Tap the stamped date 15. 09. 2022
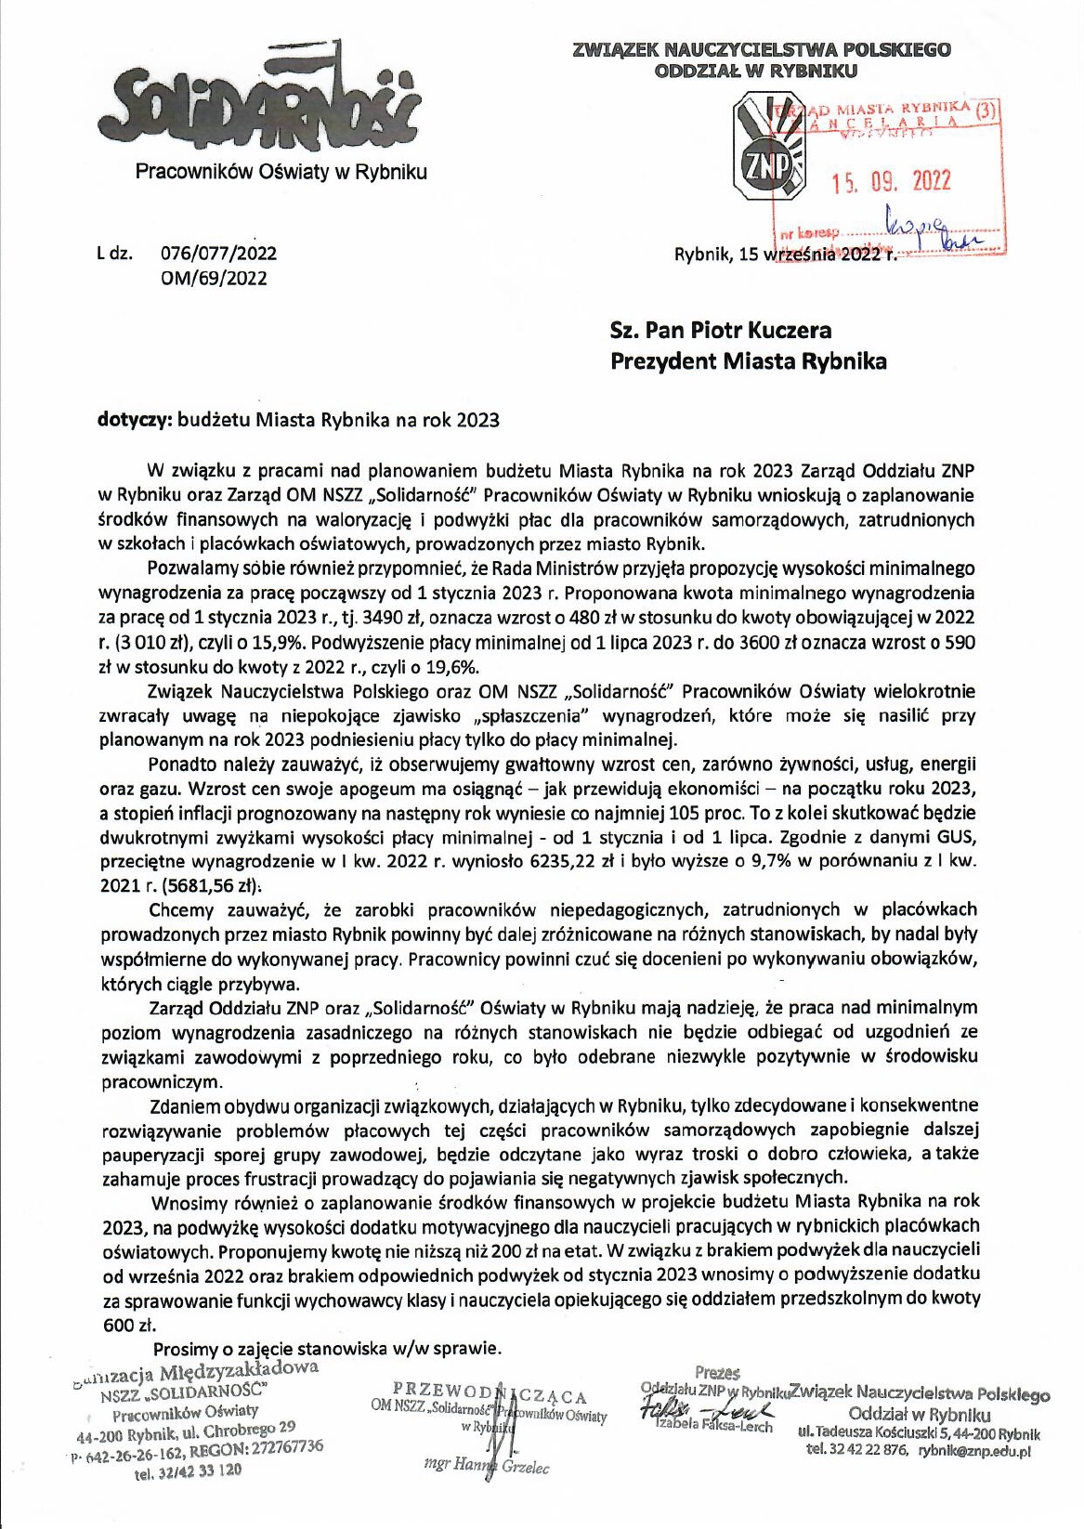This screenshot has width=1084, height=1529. click(892, 181)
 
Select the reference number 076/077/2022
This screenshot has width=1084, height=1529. click(218, 253)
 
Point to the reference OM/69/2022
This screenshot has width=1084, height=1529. click(214, 278)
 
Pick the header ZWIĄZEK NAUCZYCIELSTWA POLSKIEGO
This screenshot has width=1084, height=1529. click(762, 49)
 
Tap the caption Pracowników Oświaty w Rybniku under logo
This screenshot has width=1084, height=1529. click(281, 172)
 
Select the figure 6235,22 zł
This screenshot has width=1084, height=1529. click(566, 861)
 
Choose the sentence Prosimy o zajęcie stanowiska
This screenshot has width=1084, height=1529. click(327, 1348)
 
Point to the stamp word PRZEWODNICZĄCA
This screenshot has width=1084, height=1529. click(490, 1392)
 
